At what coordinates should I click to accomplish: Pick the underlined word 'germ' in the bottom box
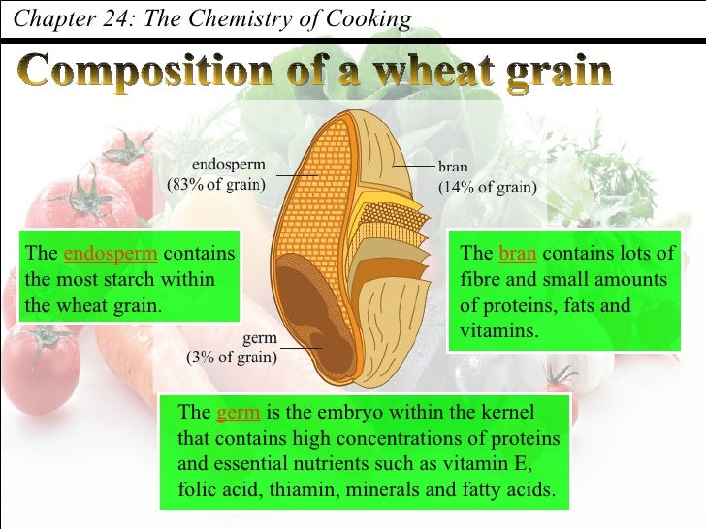click(x=238, y=413)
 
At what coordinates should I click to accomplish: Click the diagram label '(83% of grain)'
click(x=220, y=187)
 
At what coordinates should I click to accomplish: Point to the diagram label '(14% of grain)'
click(x=488, y=188)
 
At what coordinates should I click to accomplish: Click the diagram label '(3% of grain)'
click(x=231, y=356)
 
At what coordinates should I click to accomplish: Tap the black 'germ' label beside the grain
click(x=260, y=338)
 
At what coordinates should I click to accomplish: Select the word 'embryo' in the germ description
click(x=355, y=413)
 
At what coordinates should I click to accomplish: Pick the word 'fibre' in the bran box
click(x=481, y=280)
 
